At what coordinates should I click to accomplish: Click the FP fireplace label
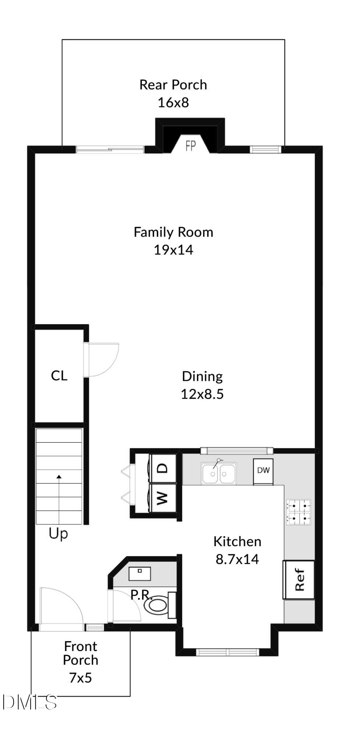pos(191,146)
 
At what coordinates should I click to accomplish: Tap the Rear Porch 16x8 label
pos(173,93)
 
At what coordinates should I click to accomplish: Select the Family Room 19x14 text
pos(173,241)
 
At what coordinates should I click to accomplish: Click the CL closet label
pos(59,376)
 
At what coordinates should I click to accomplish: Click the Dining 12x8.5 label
pos(202,385)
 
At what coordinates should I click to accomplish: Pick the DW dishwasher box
pos(263,471)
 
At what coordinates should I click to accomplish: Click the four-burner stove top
pos(299,512)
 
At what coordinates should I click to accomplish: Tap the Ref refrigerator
pos(299,580)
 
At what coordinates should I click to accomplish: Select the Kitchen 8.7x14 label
pos(237,550)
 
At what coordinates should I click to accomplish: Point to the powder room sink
pos(140,573)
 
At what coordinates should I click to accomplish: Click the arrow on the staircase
pos(59,477)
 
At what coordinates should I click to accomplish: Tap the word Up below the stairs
pos(58,534)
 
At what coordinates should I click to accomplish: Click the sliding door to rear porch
pos(110,149)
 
